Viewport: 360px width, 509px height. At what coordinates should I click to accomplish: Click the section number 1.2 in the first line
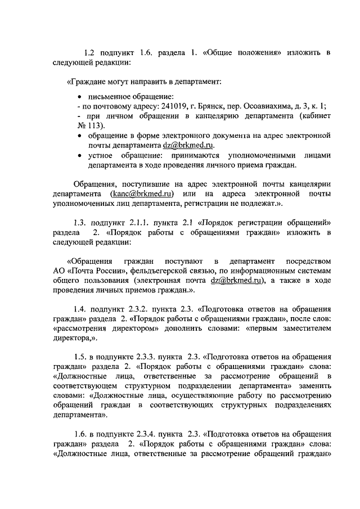[x=89, y=53]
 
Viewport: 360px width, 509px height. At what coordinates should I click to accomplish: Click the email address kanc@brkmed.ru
[x=139, y=194]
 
